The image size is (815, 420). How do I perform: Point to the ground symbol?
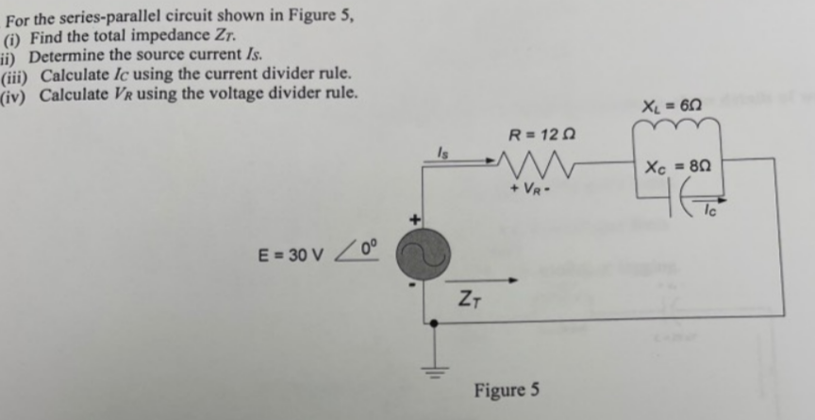click(x=433, y=367)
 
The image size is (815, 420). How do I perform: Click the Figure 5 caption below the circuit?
click(x=507, y=389)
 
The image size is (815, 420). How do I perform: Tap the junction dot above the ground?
click(x=433, y=322)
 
